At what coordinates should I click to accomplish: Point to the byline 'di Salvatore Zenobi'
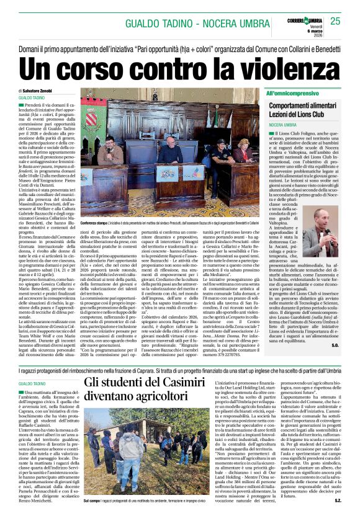[x=38, y=91]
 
